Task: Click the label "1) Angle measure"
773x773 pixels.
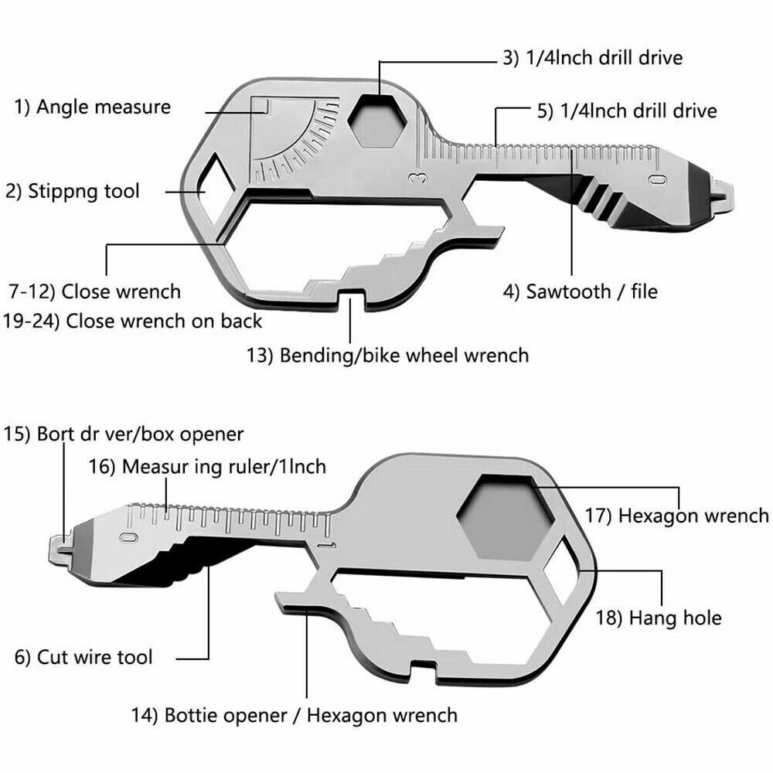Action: tap(92, 106)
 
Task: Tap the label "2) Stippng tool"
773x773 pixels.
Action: tap(73, 190)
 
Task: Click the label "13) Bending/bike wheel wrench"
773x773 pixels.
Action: tap(388, 355)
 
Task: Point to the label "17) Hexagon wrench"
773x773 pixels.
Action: tap(693, 515)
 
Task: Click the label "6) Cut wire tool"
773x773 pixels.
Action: tap(83, 658)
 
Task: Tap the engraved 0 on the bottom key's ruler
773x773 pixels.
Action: tap(130, 536)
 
